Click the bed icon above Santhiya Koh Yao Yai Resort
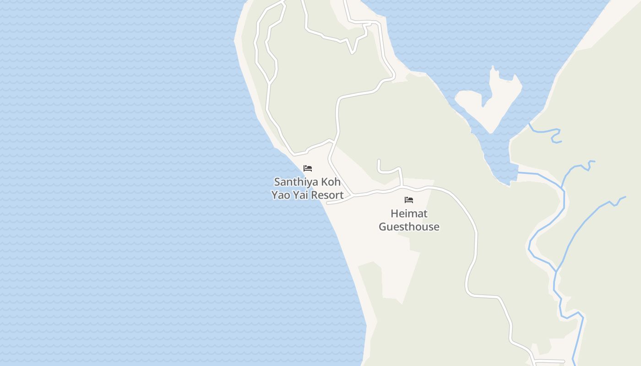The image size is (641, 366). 308,168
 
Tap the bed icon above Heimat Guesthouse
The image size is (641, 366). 409,200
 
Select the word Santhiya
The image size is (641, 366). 295,182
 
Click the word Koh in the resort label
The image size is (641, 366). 331,182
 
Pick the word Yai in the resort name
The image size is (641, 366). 302,195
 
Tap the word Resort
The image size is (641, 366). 327,195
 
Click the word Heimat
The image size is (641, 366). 409,214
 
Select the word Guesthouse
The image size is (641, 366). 409,226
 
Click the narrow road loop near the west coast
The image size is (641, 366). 266,46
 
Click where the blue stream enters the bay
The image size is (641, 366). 519,173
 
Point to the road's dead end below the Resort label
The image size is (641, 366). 328,203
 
